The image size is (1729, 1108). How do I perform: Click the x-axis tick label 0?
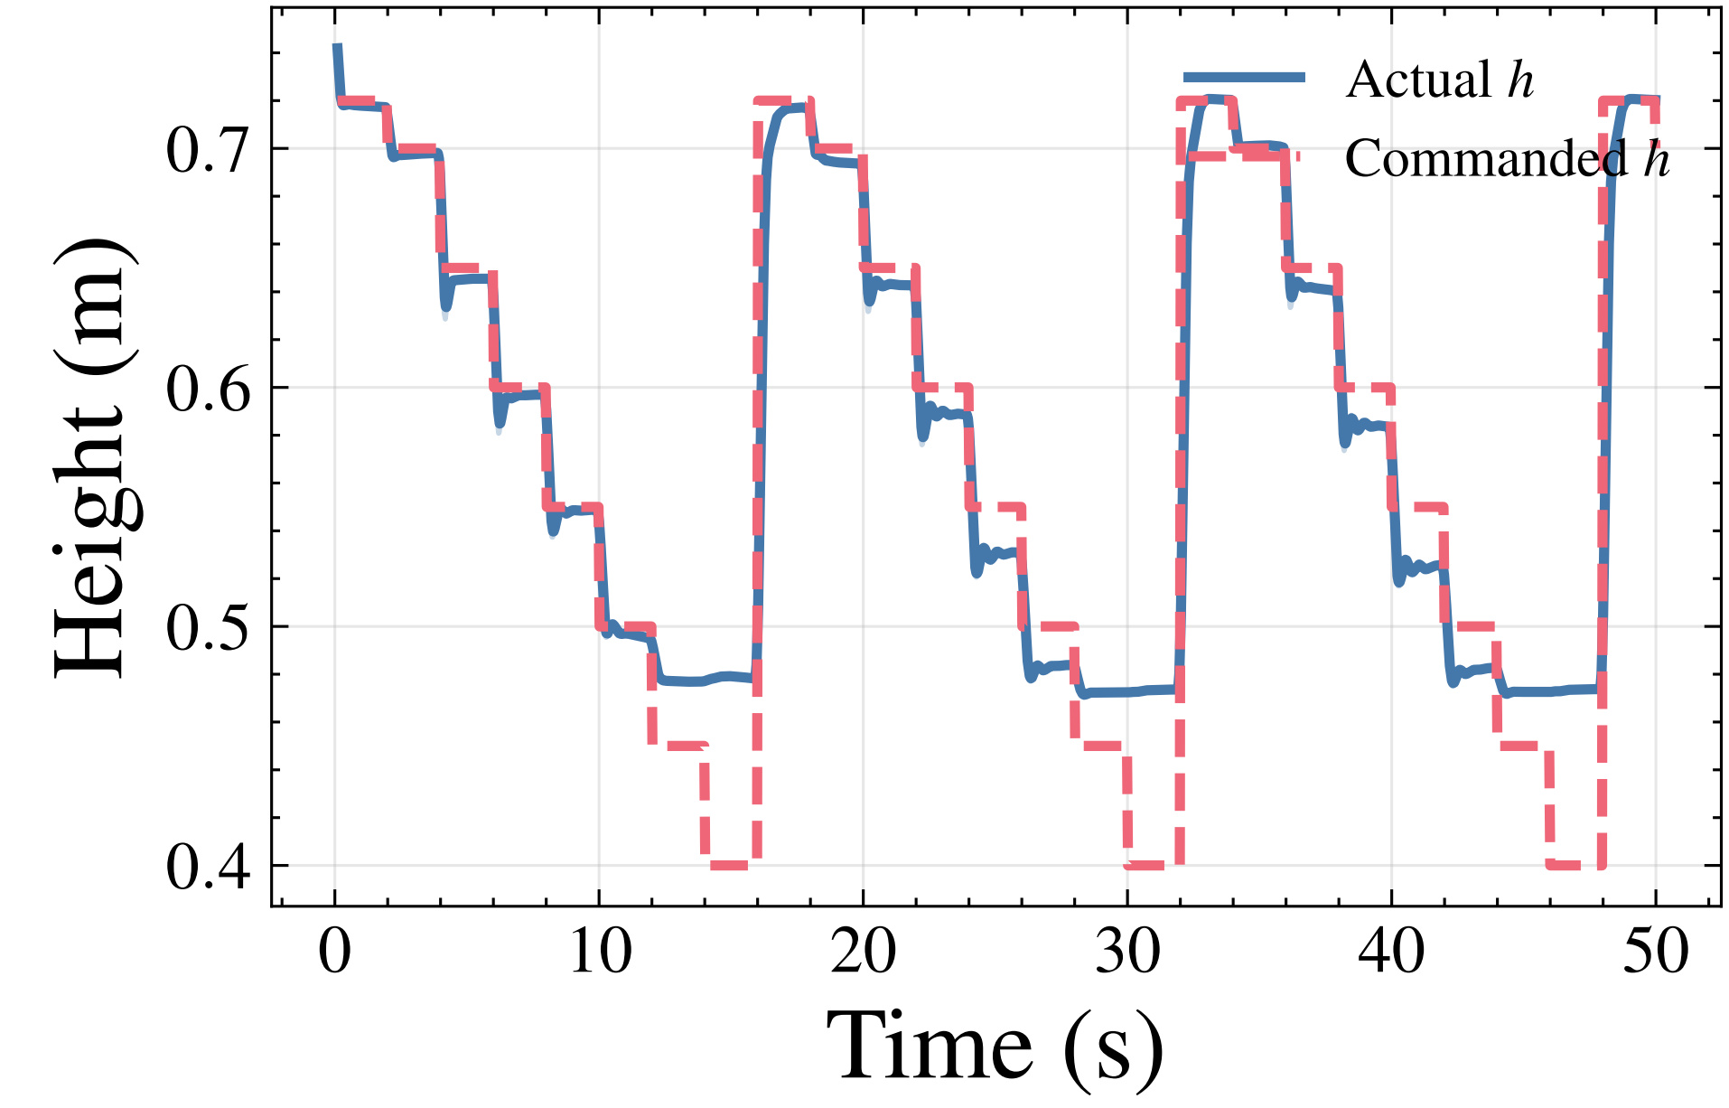click(x=335, y=952)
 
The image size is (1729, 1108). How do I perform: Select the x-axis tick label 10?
click(x=599, y=952)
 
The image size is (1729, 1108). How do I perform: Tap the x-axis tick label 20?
click(x=864, y=952)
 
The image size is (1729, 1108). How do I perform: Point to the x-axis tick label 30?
click(x=1127, y=952)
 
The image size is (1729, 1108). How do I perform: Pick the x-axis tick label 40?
click(x=1391, y=952)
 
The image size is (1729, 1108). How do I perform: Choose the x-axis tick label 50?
click(x=1656, y=952)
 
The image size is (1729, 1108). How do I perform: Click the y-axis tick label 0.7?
click(x=208, y=150)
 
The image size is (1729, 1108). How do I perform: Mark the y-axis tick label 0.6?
click(x=208, y=389)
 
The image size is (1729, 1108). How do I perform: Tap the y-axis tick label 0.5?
click(x=208, y=628)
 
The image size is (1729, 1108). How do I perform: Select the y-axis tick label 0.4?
click(x=208, y=868)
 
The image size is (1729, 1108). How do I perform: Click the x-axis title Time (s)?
click(x=995, y=1047)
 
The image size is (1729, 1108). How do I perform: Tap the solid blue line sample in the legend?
click(x=1245, y=77)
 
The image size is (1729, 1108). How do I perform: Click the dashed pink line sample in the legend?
click(x=1245, y=155)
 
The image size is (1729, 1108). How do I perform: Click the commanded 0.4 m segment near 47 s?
click(x=1575, y=865)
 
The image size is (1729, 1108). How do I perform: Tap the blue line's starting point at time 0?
click(x=336, y=45)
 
